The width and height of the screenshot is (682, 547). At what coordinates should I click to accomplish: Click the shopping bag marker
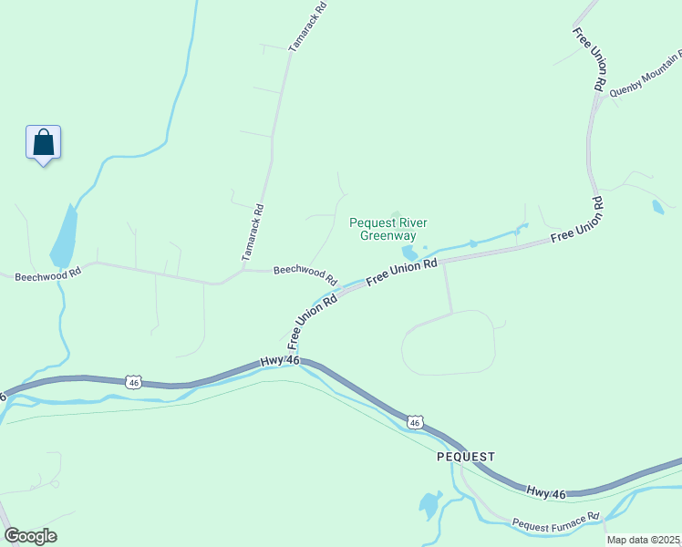[x=43, y=143]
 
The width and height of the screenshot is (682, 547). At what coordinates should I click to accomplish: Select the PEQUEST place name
[x=465, y=456]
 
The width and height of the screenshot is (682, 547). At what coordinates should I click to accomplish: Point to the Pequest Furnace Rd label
[x=555, y=522]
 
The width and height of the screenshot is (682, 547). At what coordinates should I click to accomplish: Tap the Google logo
[x=30, y=536]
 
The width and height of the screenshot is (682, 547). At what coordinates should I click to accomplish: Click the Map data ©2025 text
[x=643, y=540]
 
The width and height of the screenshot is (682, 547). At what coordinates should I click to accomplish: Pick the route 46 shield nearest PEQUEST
[x=415, y=422]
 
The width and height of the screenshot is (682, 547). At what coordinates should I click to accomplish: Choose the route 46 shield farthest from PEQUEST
[x=133, y=380]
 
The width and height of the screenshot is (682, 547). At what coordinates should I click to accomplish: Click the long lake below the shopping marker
[x=64, y=235]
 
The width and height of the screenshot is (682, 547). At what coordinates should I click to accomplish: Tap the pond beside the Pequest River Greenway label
[x=409, y=253]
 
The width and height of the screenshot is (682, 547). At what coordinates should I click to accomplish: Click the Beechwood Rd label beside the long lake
[x=48, y=273]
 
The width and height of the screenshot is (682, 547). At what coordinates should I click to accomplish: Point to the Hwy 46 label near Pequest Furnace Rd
[x=546, y=493]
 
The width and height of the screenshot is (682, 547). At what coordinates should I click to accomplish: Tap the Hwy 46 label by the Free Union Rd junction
[x=281, y=362]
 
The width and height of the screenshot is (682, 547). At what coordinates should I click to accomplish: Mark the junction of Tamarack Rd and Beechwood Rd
[x=243, y=270]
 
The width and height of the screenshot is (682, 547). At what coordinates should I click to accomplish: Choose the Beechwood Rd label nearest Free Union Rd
[x=305, y=274]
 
